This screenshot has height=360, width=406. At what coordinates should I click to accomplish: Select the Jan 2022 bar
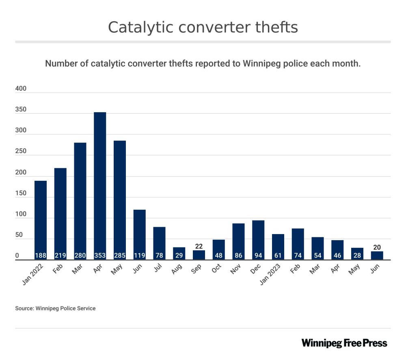click(41, 220)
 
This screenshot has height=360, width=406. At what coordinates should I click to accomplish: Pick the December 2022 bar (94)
click(258, 240)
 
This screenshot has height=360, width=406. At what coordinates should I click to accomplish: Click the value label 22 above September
click(199, 246)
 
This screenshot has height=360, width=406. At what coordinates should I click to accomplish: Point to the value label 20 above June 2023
click(377, 247)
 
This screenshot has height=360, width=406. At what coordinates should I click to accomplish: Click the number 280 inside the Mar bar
click(80, 256)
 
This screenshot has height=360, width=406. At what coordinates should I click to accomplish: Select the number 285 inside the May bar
click(120, 256)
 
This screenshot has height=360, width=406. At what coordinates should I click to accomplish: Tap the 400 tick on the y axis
click(21, 89)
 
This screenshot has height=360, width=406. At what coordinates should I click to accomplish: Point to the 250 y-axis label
click(21, 152)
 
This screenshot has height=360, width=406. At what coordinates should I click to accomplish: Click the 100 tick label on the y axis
click(21, 214)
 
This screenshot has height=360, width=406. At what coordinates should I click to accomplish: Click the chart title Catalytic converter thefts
click(203, 27)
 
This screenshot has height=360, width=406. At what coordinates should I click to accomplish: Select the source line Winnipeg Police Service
click(56, 308)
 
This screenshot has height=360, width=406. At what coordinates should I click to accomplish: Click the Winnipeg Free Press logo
click(344, 343)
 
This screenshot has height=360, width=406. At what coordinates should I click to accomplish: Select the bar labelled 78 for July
click(159, 243)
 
